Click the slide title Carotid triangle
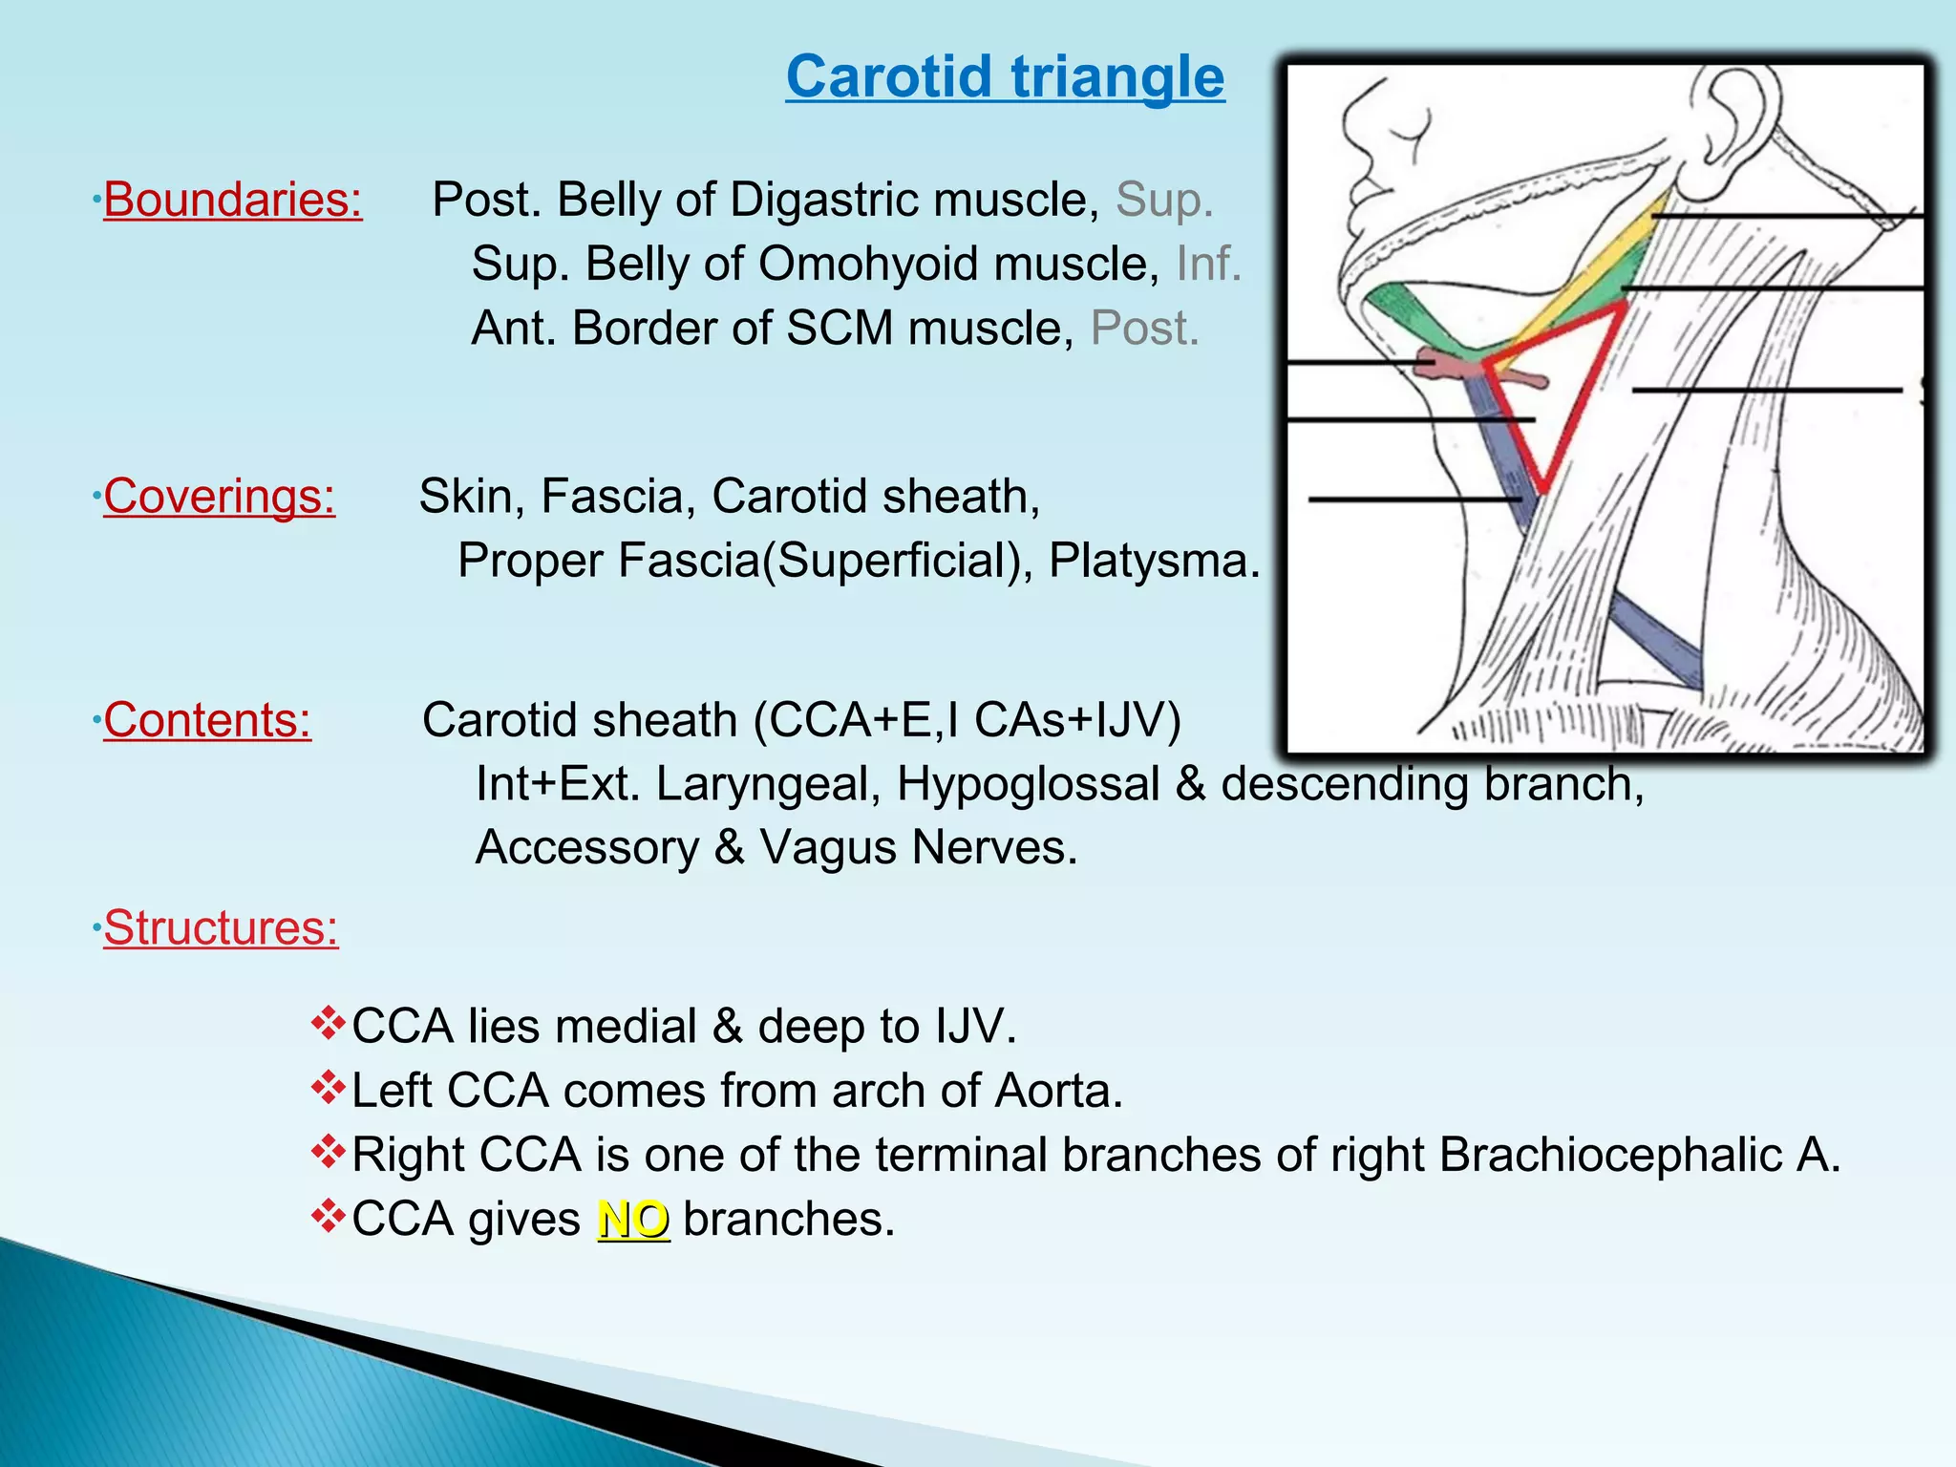[1005, 76]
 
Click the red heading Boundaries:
[232, 201]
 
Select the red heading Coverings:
[219, 497]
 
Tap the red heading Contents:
[207, 720]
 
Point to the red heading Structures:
[221, 927]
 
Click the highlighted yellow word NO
[633, 1220]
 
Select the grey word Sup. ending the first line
[1164, 201]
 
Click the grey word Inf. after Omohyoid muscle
[1208, 265]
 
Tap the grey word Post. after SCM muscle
[1144, 329]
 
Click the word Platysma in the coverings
[1154, 561]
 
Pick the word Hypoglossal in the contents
[1028, 784]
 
